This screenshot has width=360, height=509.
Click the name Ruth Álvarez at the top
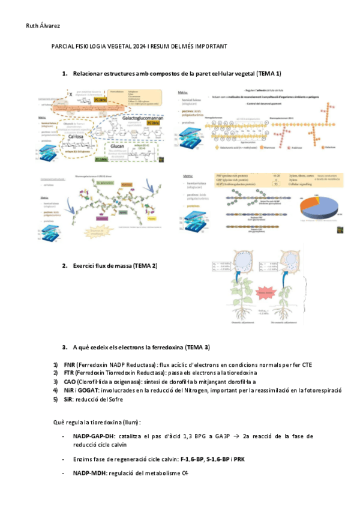44,26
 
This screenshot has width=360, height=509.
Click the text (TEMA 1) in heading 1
268,73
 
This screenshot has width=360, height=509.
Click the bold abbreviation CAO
70,381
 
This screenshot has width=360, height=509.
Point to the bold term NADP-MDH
89,474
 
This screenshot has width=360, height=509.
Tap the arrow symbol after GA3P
239,436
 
